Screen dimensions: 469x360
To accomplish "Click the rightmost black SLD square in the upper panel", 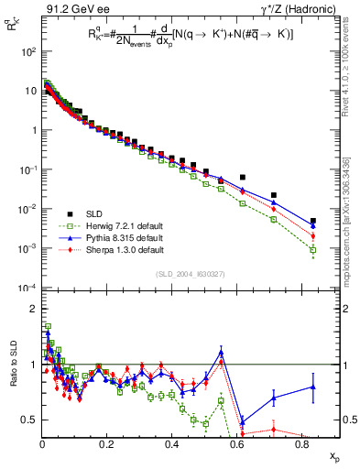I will coord(313,221).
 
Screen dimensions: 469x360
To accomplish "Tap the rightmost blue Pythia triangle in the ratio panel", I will coord(313,387).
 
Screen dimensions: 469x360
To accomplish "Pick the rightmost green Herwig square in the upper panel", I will coord(313,250).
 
